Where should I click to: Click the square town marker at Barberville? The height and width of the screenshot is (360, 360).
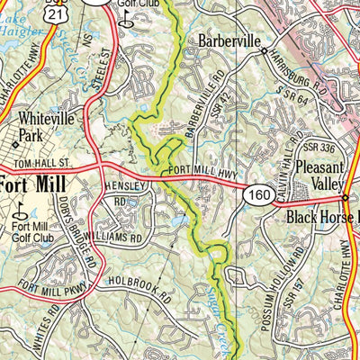point(264,51)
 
